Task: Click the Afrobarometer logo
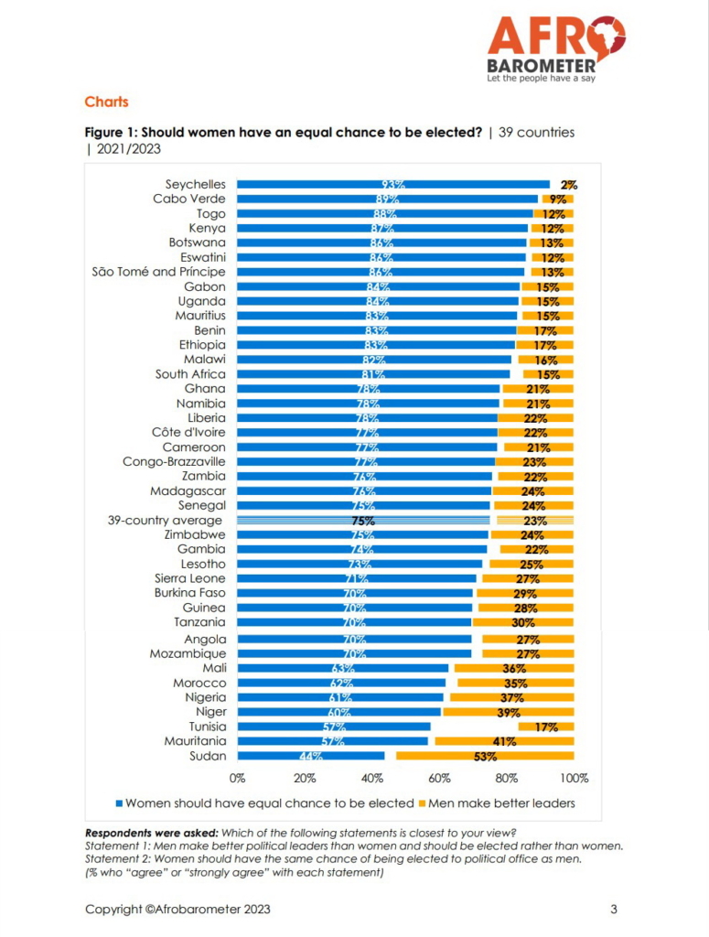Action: point(555,48)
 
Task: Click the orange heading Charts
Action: point(106,102)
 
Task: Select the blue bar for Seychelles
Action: point(393,184)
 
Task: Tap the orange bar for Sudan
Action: point(485,756)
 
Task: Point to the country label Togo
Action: point(209,213)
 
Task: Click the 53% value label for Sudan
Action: point(485,757)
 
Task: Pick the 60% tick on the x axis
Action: point(439,779)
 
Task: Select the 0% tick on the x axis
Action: point(238,779)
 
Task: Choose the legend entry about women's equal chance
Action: point(265,803)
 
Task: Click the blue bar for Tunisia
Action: point(334,727)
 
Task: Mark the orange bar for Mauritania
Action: point(504,741)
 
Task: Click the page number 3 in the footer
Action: point(614,910)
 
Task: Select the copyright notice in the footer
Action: point(177,910)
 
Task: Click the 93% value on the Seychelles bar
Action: point(393,185)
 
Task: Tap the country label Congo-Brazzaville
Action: point(174,462)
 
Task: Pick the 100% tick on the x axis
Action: point(574,779)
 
